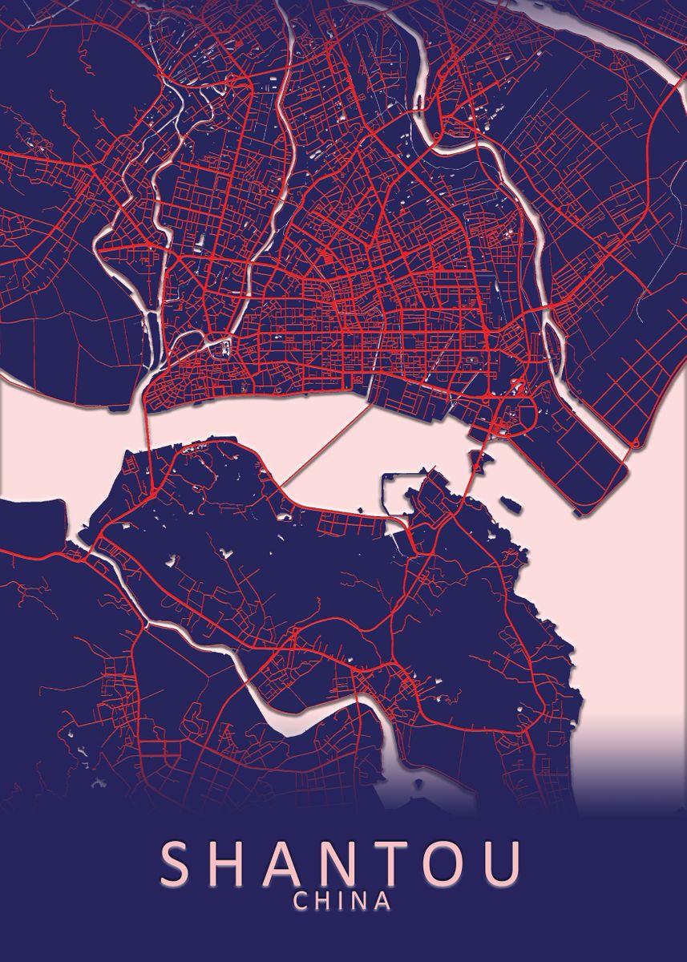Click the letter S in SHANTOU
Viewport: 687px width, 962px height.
(179, 863)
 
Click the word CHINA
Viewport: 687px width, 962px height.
(343, 901)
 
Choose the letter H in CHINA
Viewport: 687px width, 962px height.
(323, 901)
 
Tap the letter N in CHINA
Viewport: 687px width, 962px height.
(362, 901)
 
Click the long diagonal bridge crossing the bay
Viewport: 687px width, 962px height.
(327, 445)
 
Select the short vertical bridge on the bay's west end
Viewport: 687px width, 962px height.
(147, 433)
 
